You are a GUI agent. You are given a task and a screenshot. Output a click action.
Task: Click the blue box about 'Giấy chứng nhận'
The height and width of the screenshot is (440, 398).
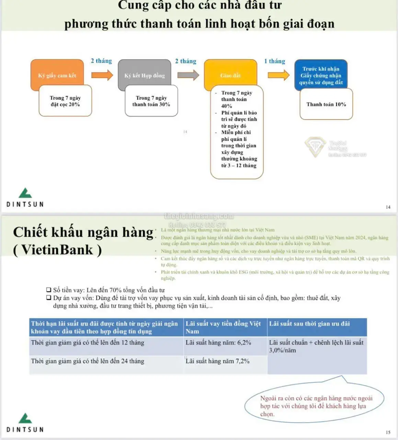pos(321,75)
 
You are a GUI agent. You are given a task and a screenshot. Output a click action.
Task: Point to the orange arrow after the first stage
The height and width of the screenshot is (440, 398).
pos(102,75)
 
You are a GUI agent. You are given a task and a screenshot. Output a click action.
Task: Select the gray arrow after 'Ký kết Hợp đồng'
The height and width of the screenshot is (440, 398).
pos(188,75)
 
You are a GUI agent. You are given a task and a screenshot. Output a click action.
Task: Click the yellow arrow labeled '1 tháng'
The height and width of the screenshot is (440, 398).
pos(278,75)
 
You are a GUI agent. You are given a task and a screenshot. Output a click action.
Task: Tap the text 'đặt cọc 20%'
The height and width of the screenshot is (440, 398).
pos(65,104)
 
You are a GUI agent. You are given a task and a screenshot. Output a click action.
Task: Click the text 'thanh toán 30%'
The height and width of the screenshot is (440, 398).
pos(151,104)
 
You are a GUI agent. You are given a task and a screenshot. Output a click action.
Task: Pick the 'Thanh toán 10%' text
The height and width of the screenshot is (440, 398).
pos(326,104)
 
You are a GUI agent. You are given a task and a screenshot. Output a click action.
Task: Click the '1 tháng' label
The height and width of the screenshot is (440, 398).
pos(274,61)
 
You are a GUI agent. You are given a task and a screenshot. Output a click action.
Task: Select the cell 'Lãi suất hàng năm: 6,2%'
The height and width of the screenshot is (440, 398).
pos(218,343)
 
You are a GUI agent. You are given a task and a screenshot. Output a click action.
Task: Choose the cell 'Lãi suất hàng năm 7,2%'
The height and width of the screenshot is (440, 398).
pos(218,361)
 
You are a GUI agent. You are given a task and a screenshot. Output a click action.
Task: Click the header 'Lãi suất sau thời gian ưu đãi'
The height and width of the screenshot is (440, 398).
pos(309,324)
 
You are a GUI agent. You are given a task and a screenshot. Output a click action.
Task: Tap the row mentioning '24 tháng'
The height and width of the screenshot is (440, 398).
pos(88,361)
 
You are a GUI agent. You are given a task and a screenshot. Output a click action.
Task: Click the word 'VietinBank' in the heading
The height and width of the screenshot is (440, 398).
pos(57,250)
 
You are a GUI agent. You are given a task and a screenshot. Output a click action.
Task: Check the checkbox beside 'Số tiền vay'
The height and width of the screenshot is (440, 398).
pos(49,290)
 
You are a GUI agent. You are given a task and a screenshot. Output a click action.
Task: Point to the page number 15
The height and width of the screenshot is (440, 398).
pos(388,432)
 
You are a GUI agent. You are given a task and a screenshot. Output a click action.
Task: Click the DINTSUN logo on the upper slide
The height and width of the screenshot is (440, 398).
pos(25,198)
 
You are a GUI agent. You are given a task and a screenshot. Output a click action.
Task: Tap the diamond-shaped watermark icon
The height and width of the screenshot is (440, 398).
pos(315,147)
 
